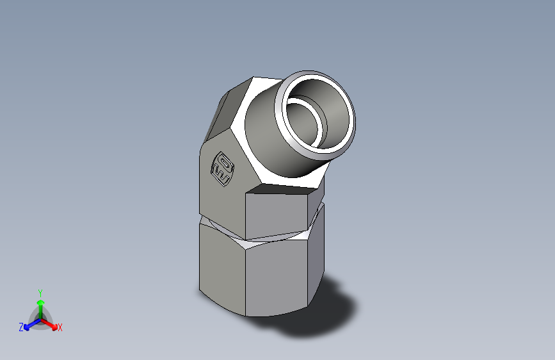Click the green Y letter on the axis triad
pyautogui.click(x=40, y=292)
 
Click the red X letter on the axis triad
pyautogui.click(x=60, y=328)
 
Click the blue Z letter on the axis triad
pyautogui.click(x=21, y=327)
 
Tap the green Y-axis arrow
pyautogui.click(x=40, y=306)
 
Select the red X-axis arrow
pyautogui.click(x=51, y=323)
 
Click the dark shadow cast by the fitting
pyautogui.click(x=320, y=314)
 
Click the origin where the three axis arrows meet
pyautogui.click(x=40, y=318)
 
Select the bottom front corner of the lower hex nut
pyautogui.click(x=246, y=315)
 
